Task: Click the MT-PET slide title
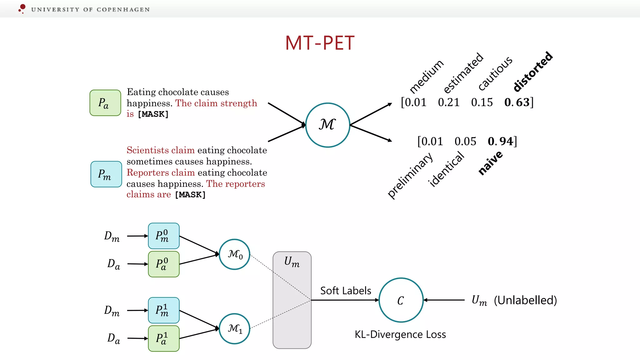click(x=320, y=43)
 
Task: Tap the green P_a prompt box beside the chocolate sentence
click(x=105, y=103)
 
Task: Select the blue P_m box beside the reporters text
click(x=106, y=174)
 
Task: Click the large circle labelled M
click(x=327, y=125)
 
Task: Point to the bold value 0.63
click(x=517, y=102)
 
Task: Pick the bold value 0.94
click(x=501, y=141)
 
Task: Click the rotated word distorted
click(x=533, y=72)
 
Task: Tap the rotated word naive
click(x=490, y=162)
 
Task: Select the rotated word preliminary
click(x=410, y=175)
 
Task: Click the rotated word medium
click(x=426, y=76)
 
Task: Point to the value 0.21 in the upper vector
click(x=449, y=102)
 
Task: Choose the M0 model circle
click(x=235, y=254)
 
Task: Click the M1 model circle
click(x=235, y=328)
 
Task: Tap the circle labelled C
click(x=401, y=300)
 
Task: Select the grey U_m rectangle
click(x=292, y=300)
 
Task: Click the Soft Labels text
click(x=346, y=291)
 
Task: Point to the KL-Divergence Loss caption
click(x=400, y=334)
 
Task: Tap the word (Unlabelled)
click(x=525, y=300)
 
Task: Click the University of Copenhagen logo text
click(x=90, y=9)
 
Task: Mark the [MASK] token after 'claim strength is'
click(x=153, y=114)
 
